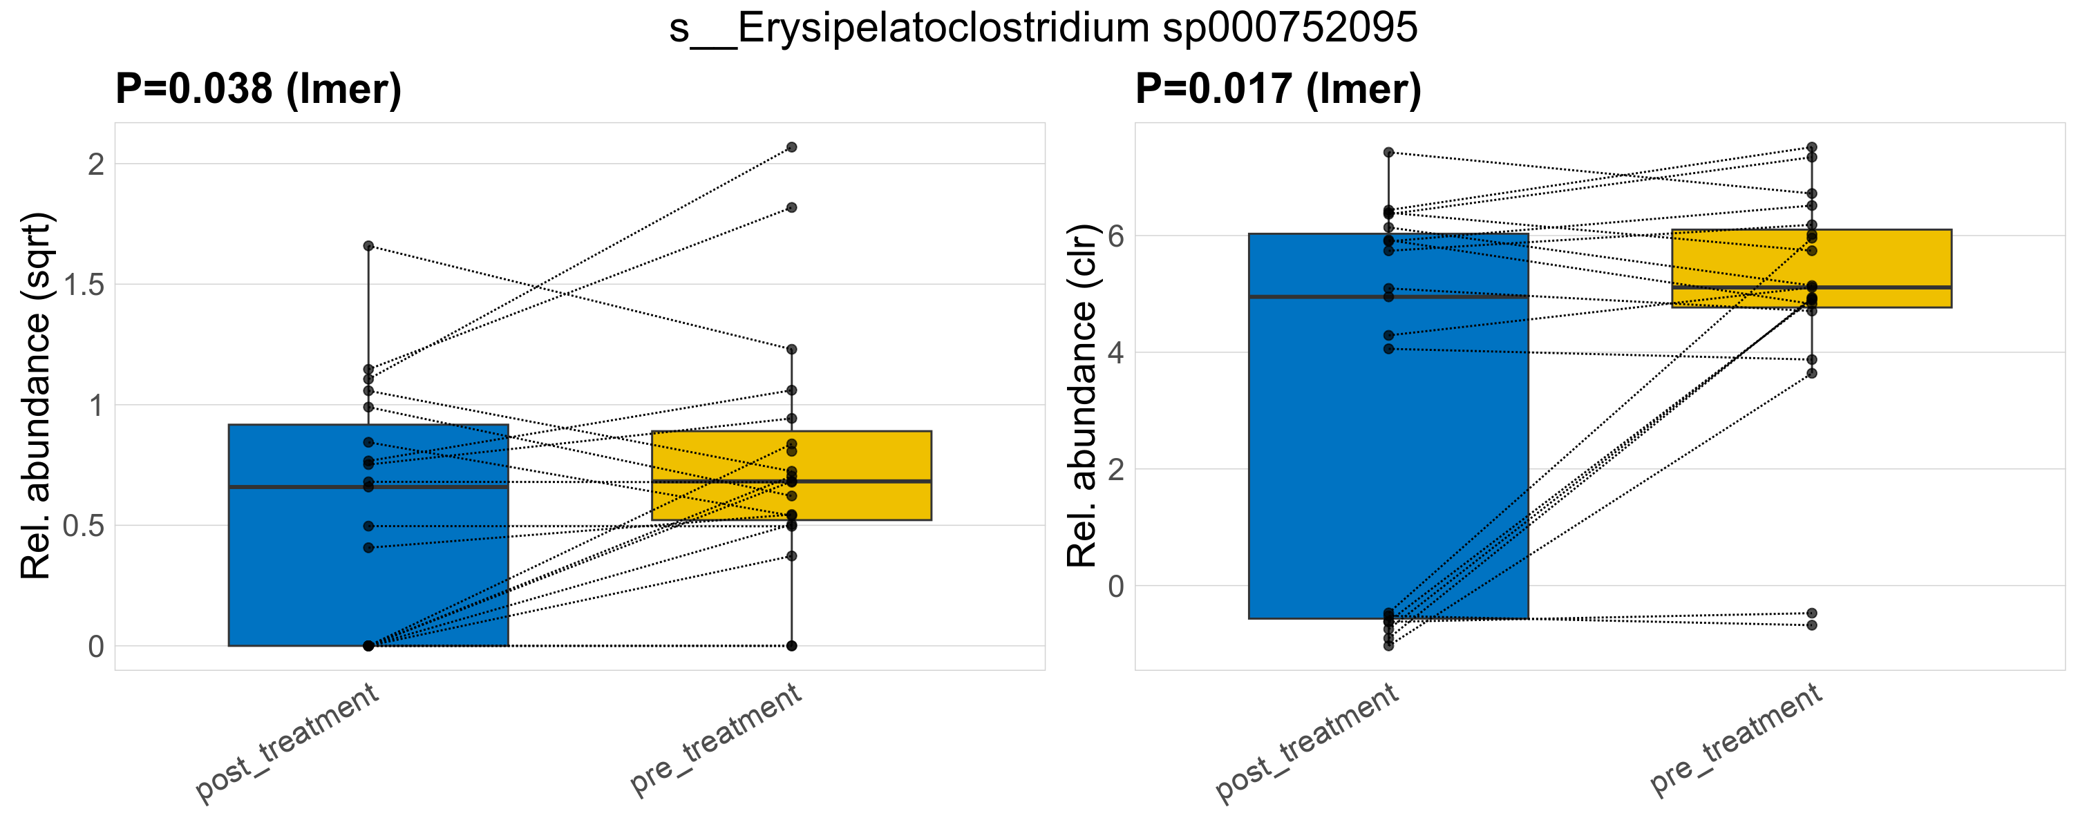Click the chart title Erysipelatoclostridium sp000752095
point(1043,29)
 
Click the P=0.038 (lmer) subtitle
point(258,89)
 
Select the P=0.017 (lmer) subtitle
point(1278,89)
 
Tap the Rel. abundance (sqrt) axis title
point(36,396)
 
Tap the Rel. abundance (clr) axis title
point(1082,396)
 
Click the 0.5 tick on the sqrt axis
point(84,526)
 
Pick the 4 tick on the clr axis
point(1115,353)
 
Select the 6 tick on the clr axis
point(1115,236)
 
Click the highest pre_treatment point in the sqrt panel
point(791,147)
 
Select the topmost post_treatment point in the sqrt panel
point(368,246)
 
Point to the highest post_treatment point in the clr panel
point(1388,152)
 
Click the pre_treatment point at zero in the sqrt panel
point(791,646)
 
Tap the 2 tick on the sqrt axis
point(97,165)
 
